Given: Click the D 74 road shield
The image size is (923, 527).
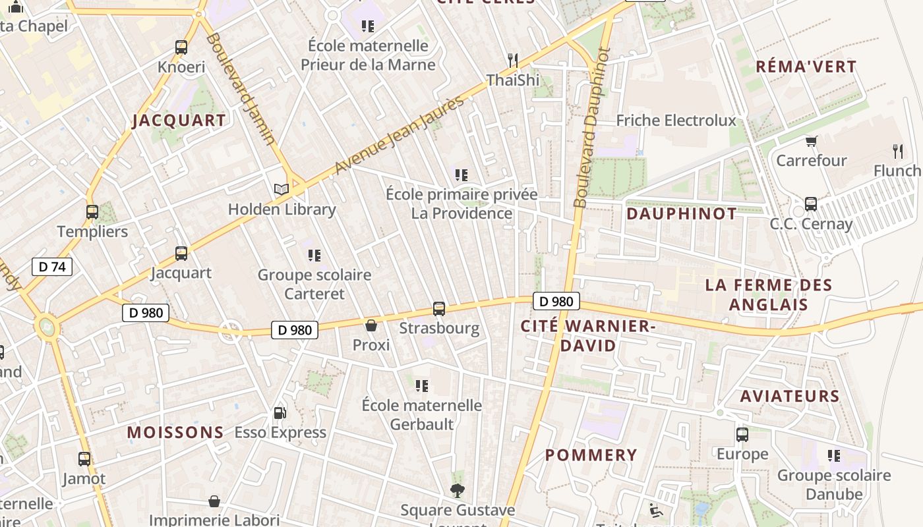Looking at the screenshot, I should tap(51, 267).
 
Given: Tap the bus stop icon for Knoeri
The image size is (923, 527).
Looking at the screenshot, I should tap(181, 47).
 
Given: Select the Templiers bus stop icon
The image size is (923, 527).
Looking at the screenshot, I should tap(92, 212).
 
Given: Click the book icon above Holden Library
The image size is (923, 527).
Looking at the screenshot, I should tap(282, 190).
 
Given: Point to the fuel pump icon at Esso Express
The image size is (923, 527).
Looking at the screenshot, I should tap(280, 413).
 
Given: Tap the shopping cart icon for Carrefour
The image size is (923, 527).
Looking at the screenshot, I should tap(811, 141).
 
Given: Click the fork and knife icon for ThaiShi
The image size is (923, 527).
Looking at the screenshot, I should tap(513, 61).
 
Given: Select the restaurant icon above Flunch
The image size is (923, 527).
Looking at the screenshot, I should tap(897, 151).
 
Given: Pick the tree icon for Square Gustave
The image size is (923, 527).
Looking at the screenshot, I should tap(457, 490).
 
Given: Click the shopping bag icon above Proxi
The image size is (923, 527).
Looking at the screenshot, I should tap(371, 325).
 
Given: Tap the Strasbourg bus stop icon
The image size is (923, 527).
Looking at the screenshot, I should tap(439, 308).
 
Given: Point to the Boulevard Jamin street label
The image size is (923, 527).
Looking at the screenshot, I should tap(241, 89).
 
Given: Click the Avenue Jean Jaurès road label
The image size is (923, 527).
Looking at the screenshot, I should tap(400, 135).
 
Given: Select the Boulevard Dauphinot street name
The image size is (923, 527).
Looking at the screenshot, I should tap(591, 128).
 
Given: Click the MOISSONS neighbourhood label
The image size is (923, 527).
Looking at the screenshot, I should tap(175, 433).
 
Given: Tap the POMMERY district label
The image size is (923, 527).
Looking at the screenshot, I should tap(591, 455).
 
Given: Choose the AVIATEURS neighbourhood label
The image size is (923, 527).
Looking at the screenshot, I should tap(790, 397).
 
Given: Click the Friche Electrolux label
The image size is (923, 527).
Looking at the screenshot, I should tap(676, 121).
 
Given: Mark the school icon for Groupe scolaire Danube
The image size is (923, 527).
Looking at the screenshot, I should tap(834, 456).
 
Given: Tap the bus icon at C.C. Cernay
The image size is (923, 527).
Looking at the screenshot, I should tap(811, 204).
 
